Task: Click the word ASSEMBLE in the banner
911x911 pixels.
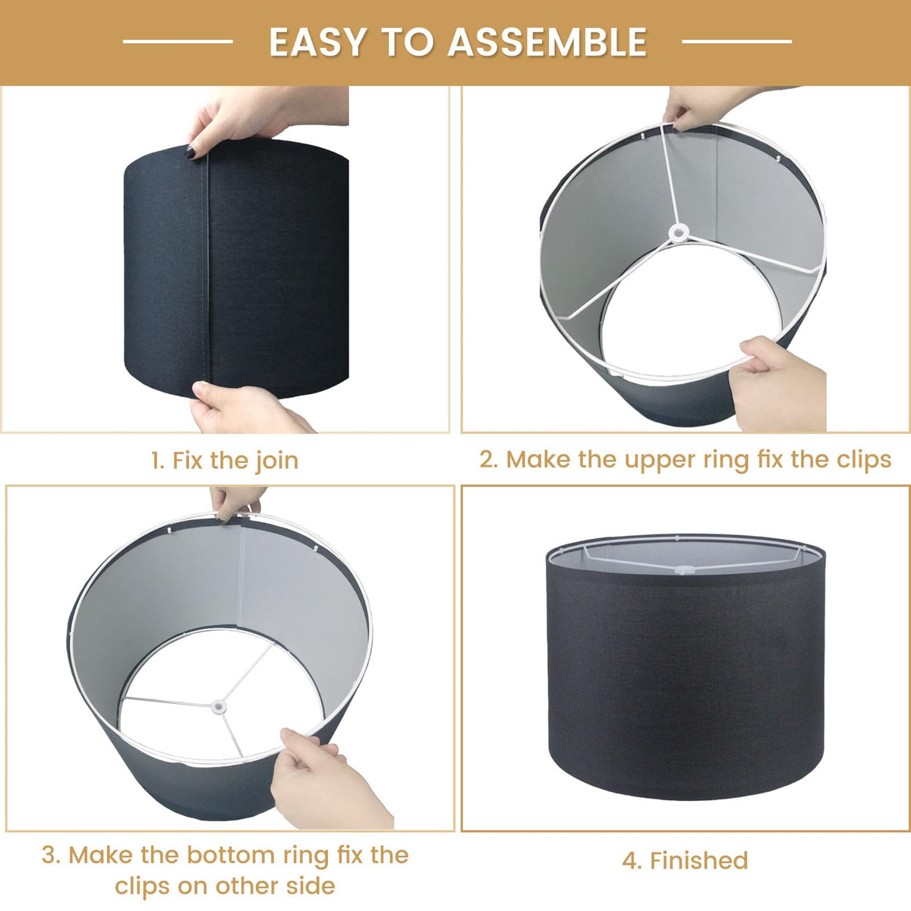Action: [547, 43]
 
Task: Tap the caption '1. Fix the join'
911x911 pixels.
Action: [225, 460]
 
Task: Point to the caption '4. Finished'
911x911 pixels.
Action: [685, 860]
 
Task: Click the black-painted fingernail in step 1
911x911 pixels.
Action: [190, 152]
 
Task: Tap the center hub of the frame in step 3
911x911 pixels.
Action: [219, 707]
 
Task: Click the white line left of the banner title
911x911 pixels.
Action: [178, 42]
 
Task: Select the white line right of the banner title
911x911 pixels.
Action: [736, 42]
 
